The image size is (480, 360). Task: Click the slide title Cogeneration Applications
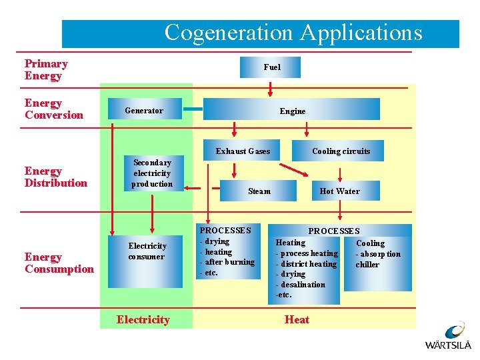tap(293, 33)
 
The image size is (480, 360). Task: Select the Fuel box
tap(272, 67)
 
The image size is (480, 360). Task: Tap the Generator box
tap(145, 110)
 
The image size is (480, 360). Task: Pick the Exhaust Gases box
tap(243, 151)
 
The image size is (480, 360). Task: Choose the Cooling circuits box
tap(341, 151)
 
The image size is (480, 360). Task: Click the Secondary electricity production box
tap(152, 173)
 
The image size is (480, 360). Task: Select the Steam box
tap(259, 191)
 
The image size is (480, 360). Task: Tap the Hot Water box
tap(339, 191)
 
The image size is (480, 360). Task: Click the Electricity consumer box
tap(147, 251)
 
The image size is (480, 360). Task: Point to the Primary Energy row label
tap(46, 70)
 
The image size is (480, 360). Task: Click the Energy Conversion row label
tap(53, 109)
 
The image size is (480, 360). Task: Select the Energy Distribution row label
tap(55, 177)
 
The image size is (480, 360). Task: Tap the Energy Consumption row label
tap(59, 263)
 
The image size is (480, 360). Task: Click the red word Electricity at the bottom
tap(143, 320)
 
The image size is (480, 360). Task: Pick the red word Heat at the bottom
tap(297, 320)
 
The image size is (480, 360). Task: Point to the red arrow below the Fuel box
tap(271, 89)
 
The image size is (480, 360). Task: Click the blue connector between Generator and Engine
tap(193, 109)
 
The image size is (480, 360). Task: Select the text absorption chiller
tap(378, 259)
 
